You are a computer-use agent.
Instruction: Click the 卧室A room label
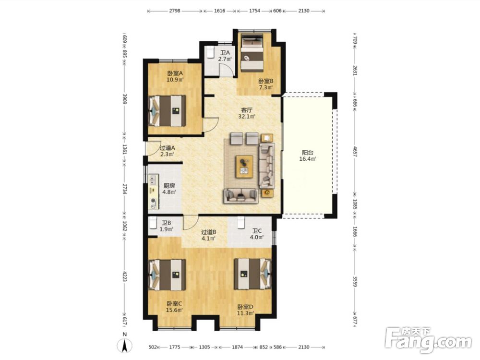click(175, 73)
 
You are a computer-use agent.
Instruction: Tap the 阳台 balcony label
click(308, 153)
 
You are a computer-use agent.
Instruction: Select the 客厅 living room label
click(247, 110)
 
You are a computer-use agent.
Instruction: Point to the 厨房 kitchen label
click(169, 185)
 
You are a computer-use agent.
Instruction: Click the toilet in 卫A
click(210, 52)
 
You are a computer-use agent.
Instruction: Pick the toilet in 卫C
click(240, 223)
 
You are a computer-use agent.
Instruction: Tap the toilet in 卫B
click(153, 223)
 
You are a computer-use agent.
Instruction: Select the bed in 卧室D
click(252, 274)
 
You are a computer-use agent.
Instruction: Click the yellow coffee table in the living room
click(244, 166)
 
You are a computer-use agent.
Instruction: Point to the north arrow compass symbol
click(125, 344)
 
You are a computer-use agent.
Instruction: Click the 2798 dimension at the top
click(175, 11)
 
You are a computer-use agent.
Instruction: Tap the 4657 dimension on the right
click(355, 152)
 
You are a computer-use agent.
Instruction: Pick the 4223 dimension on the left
click(124, 276)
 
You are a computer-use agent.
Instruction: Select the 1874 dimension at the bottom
click(237, 347)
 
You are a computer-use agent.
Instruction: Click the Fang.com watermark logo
click(428, 340)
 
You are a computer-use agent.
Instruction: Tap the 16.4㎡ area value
click(308, 158)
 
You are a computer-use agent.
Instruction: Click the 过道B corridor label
click(208, 232)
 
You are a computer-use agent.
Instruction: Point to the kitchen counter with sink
click(154, 192)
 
